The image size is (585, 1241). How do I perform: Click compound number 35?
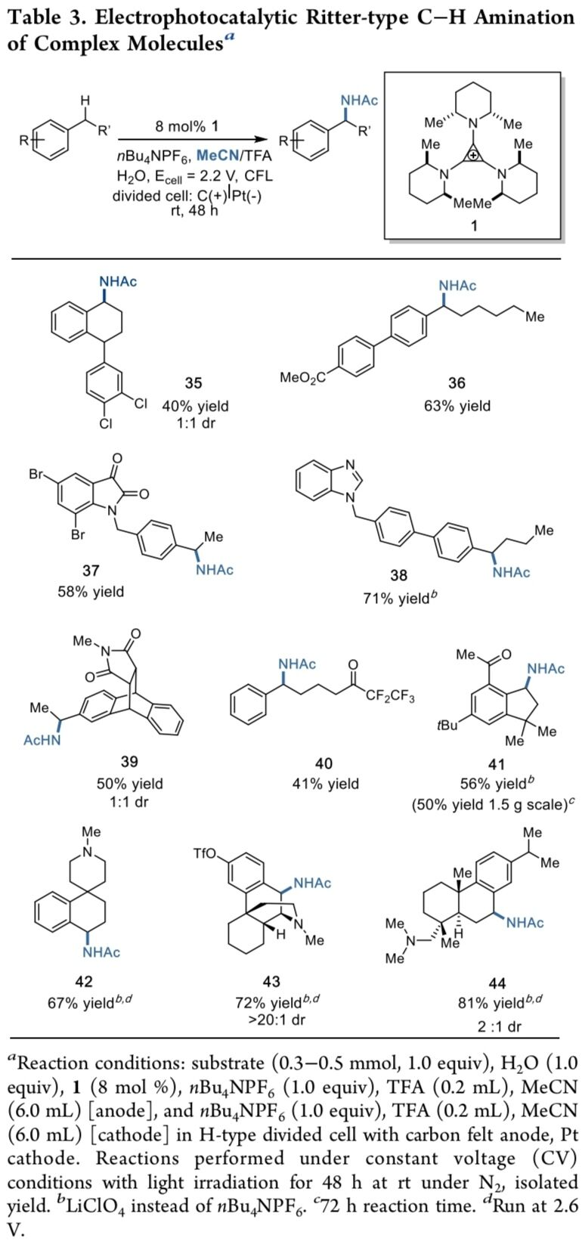pyautogui.click(x=193, y=385)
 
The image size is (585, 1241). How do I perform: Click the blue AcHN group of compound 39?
pyautogui.click(x=42, y=740)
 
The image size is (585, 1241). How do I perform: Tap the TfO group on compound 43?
pyautogui.click(x=205, y=854)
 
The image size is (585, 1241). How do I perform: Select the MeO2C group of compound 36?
pyautogui.click(x=302, y=377)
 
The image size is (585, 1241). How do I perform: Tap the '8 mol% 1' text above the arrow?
pyautogui.click(x=187, y=126)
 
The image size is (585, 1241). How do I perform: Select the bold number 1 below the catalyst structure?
pyautogui.click(x=474, y=224)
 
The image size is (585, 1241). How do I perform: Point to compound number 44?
pyautogui.click(x=498, y=983)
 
